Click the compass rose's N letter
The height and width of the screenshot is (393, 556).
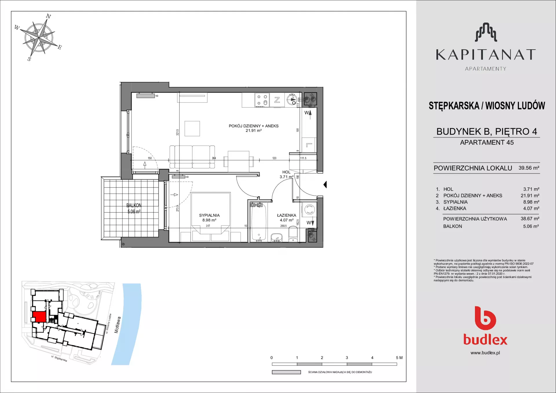(49, 16)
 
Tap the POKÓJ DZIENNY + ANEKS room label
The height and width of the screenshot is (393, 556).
(254, 126)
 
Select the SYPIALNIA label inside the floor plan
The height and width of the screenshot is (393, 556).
(209, 215)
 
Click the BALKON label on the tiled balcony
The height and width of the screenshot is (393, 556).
(134, 205)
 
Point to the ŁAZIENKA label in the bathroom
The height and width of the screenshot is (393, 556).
(287, 215)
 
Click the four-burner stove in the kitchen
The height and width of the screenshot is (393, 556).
(262, 100)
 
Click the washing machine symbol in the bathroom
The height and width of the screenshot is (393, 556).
(309, 210)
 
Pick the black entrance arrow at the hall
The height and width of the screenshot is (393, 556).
(325, 184)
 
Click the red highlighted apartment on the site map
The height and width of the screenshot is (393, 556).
(39, 316)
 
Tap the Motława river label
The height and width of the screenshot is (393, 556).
(118, 325)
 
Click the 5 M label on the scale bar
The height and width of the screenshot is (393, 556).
(399, 358)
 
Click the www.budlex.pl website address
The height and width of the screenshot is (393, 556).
(485, 353)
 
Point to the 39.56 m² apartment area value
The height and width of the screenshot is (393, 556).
(529, 168)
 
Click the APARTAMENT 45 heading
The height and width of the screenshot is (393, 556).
(487, 142)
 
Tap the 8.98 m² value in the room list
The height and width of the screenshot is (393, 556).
(531, 202)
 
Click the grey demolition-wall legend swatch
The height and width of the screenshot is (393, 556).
(286, 372)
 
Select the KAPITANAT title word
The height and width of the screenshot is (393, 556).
(486, 55)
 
